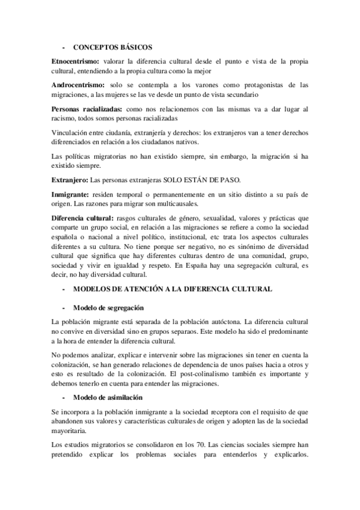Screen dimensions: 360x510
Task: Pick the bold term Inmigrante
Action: click(x=70, y=195)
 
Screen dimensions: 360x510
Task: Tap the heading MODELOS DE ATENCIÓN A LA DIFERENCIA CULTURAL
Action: click(x=172, y=289)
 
